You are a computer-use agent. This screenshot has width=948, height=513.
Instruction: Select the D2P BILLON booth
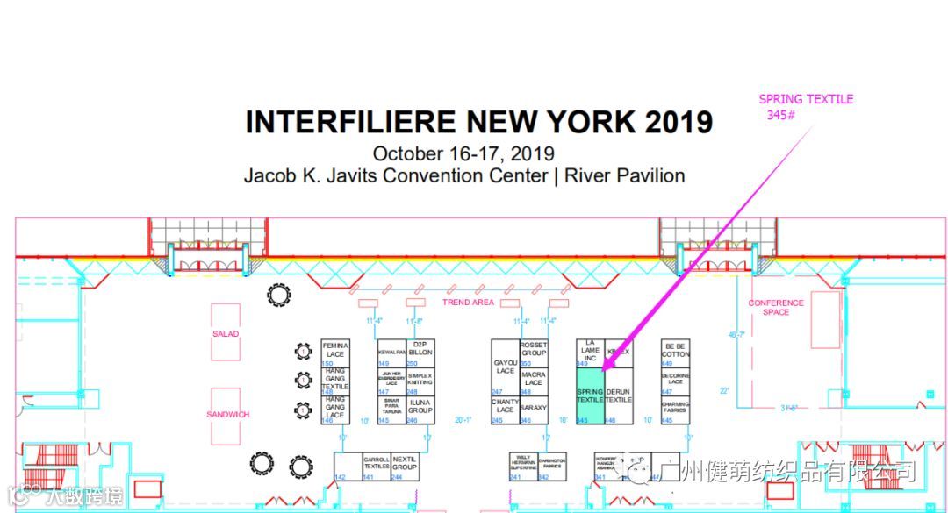click(420, 349)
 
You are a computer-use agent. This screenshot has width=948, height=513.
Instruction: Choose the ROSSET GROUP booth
click(534, 351)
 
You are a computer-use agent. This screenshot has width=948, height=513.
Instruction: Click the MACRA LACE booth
click(534, 379)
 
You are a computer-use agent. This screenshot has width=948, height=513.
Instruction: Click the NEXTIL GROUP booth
click(405, 465)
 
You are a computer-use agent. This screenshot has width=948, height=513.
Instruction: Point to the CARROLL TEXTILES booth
click(376, 465)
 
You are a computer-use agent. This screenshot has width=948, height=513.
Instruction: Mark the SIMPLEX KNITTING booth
click(420, 379)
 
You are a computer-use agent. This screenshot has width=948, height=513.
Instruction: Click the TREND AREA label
click(468, 303)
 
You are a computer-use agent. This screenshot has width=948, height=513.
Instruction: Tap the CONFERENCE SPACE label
click(775, 308)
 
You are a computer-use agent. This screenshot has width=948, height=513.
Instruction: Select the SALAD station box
click(226, 333)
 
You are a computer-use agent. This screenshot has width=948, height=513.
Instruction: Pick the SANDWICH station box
click(226, 414)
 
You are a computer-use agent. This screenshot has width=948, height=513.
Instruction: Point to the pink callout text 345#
click(780, 115)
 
